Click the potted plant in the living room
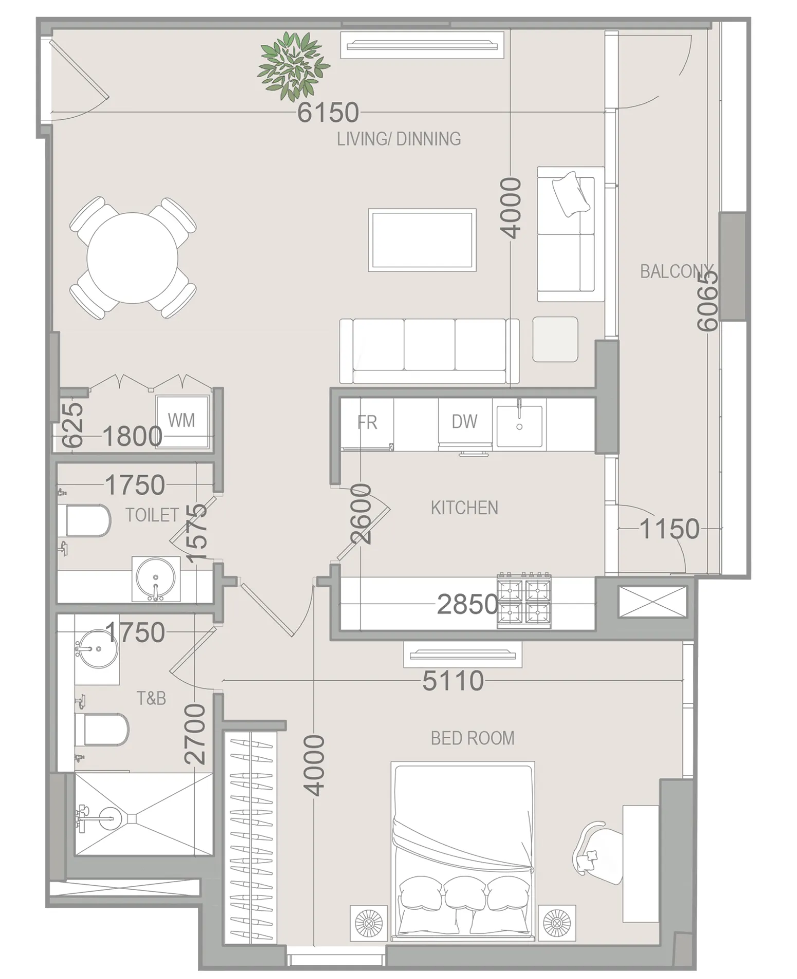pyautogui.click(x=293, y=66)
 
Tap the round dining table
pyautogui.click(x=132, y=258)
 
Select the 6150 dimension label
pyautogui.click(x=328, y=113)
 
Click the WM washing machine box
pyautogui.click(x=182, y=420)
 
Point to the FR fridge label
pyautogui.click(x=367, y=423)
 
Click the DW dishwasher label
pyautogui.click(x=464, y=422)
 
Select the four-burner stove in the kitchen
pyautogui.click(x=523, y=600)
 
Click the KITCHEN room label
pyautogui.click(x=464, y=508)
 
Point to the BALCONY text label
pyautogui.click(x=676, y=271)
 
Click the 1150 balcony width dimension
pyautogui.click(x=669, y=529)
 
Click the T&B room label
pyautogui.click(x=151, y=698)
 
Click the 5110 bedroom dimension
pyautogui.click(x=453, y=681)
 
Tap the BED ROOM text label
pyautogui.click(x=472, y=738)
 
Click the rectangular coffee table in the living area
pyautogui.click(x=422, y=240)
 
